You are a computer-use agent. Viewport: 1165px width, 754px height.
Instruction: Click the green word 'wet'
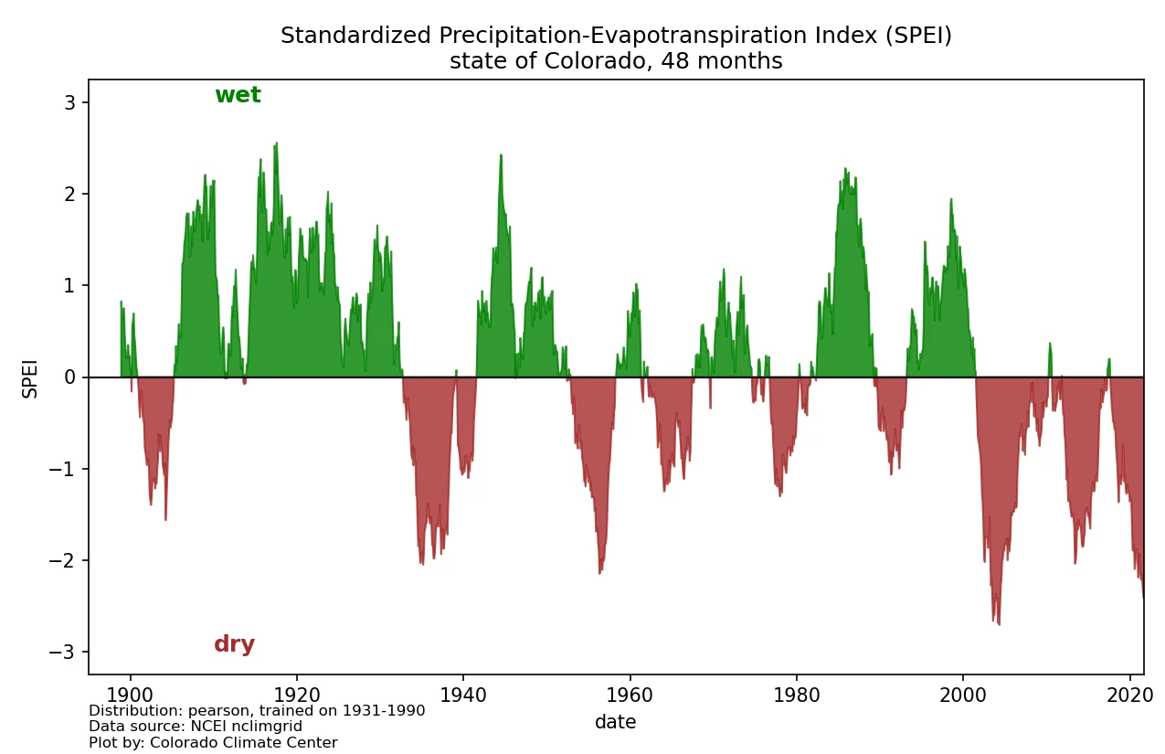coord(238,95)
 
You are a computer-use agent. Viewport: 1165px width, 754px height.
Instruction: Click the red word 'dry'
coord(234,644)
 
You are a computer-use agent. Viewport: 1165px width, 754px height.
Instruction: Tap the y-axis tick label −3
coord(67,653)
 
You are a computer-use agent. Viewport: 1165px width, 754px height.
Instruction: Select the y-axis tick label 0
coord(71,377)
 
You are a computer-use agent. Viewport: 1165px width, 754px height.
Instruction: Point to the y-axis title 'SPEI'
coord(30,377)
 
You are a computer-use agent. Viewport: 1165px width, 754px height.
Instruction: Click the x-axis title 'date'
coord(615,722)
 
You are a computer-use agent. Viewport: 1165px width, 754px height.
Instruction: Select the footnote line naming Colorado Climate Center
coord(213,743)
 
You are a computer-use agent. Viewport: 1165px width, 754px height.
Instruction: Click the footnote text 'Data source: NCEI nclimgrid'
coord(196,727)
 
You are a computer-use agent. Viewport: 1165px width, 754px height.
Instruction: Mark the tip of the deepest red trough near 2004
coord(999,624)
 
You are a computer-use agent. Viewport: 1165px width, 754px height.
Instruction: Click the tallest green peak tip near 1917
coord(276,143)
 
